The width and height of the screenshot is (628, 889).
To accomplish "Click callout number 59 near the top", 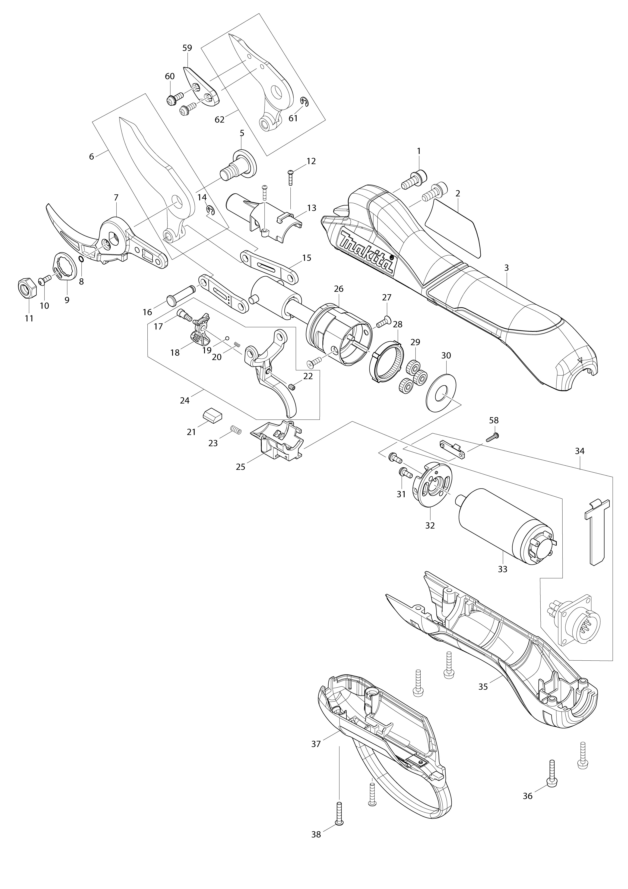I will [187, 48].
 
